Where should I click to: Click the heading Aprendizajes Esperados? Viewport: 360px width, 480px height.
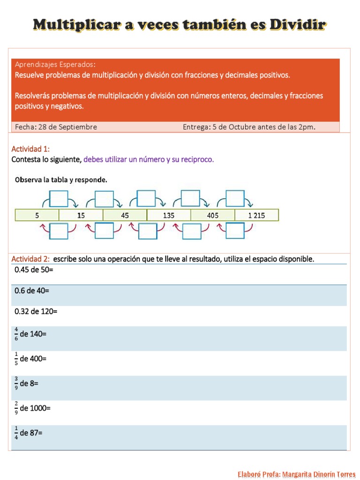point(55,64)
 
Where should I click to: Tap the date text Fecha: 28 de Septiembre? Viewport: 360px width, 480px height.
point(56,127)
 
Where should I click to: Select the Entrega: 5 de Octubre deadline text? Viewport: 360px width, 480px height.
point(249,127)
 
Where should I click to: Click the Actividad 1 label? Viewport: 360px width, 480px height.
point(30,149)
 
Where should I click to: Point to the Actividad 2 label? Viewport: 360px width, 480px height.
point(30,259)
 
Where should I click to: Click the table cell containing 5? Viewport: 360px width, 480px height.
point(37,215)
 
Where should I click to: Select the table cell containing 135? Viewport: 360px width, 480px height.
point(169,215)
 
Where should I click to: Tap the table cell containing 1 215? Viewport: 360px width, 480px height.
point(256,215)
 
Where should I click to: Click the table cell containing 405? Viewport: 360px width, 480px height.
point(212,215)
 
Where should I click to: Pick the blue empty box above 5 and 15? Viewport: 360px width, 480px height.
point(59,198)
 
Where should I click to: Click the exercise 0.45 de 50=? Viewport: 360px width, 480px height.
point(34,270)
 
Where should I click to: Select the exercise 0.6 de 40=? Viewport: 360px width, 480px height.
point(32,291)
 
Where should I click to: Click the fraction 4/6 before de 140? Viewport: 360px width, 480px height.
point(16,334)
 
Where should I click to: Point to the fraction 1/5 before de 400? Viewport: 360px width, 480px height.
point(16,359)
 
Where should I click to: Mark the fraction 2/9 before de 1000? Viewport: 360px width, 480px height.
point(16,408)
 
